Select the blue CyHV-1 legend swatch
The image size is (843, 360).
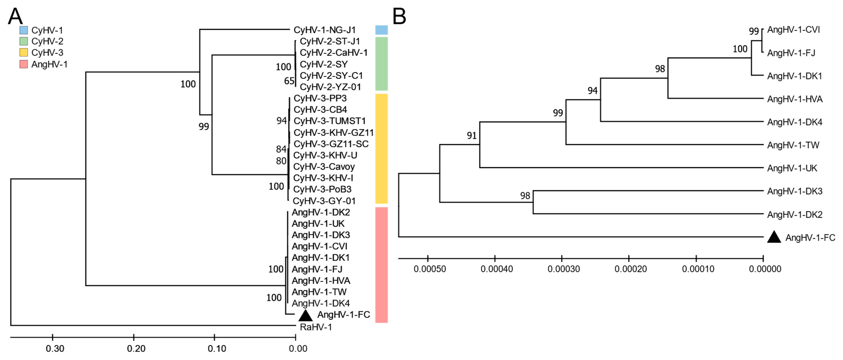[24, 30]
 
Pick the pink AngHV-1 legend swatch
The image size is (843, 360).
[24, 64]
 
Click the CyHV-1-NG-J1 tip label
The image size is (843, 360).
[324, 30]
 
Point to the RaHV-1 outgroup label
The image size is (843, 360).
[316, 327]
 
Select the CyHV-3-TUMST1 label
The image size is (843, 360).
[329, 121]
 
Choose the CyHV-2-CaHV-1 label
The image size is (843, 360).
[333, 53]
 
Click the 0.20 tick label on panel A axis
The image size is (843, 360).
[136, 348]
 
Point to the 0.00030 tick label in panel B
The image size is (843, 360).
[563, 269]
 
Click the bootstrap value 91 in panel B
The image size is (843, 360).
[472, 135]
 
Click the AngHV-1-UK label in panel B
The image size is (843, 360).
[792, 168]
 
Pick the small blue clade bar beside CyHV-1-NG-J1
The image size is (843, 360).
[381, 30]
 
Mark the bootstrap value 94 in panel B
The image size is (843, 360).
[592, 91]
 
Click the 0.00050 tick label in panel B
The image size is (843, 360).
[430, 269]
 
